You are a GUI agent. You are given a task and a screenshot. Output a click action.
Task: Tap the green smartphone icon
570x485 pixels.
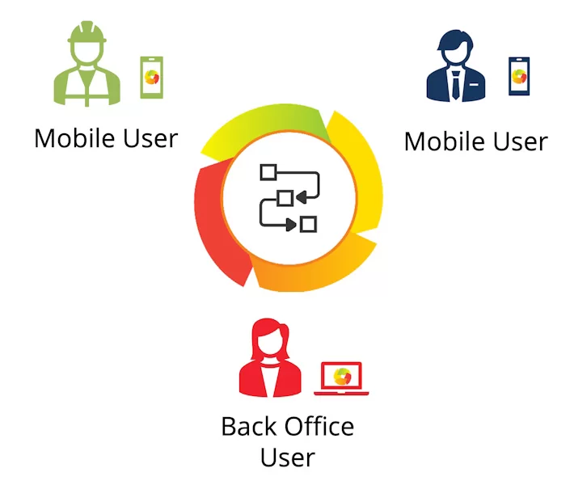pos(151,78)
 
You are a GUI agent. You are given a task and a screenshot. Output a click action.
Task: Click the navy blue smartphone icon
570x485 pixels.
pos(519,76)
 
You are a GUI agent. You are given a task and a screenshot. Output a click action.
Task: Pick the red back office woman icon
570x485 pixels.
pos(271,361)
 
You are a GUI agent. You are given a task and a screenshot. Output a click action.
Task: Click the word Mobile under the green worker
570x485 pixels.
pos(71,138)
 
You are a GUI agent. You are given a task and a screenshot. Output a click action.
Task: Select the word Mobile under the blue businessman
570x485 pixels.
pos(441,141)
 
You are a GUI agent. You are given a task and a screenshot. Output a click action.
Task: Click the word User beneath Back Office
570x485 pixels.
pos(287,458)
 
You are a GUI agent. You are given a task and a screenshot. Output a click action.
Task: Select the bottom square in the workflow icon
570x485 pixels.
pos(307,224)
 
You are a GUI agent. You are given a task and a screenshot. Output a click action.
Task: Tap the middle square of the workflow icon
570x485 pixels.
pos(285,198)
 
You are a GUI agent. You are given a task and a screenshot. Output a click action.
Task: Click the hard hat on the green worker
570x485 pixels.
pos(87,33)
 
